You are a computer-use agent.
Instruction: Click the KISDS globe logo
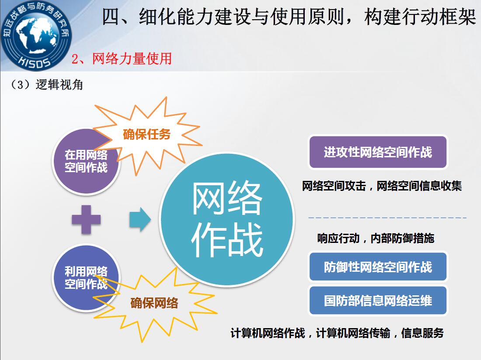(x=35, y=35)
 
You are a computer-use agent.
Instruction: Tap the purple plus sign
(x=86, y=219)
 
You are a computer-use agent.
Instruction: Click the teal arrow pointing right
(x=140, y=219)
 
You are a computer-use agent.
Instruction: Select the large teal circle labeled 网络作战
(x=227, y=219)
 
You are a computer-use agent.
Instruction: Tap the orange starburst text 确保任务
(x=146, y=134)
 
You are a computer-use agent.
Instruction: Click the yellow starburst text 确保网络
(x=154, y=303)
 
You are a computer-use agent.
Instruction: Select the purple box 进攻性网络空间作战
(x=378, y=152)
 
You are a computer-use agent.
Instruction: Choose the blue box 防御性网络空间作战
(x=378, y=267)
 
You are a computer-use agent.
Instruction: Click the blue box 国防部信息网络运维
(x=378, y=301)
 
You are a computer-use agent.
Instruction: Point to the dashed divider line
(x=387, y=218)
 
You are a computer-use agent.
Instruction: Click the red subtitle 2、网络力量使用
(x=122, y=59)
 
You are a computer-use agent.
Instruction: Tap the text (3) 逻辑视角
(x=46, y=85)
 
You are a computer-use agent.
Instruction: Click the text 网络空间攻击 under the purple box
(x=334, y=186)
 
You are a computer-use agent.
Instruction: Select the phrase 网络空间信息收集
(x=419, y=186)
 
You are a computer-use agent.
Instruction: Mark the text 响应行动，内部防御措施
(x=376, y=238)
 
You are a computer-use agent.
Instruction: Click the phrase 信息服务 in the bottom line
(x=422, y=333)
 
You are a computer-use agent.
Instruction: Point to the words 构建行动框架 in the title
(x=420, y=16)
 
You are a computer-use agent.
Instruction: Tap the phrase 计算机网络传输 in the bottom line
(x=353, y=333)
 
